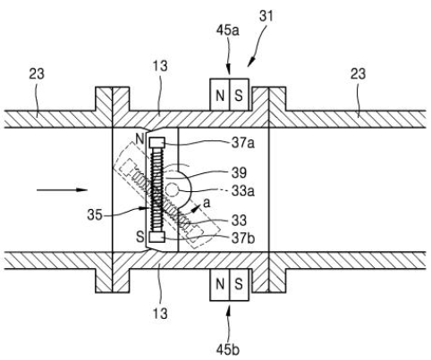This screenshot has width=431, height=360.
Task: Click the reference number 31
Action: tap(266, 16)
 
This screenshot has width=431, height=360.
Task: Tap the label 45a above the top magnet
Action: tap(228, 30)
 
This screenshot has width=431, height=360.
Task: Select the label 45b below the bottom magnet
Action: tap(228, 350)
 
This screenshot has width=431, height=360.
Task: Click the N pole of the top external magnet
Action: tap(220, 95)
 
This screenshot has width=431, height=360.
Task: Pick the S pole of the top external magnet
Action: tap(239, 95)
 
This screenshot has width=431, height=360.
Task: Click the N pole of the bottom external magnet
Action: tap(220, 285)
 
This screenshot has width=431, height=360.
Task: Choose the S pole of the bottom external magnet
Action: tap(239, 285)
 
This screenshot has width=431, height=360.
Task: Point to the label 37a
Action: tap(243, 144)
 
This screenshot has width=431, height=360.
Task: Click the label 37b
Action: tap(243, 239)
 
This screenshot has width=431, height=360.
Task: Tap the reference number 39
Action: tap(240, 172)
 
